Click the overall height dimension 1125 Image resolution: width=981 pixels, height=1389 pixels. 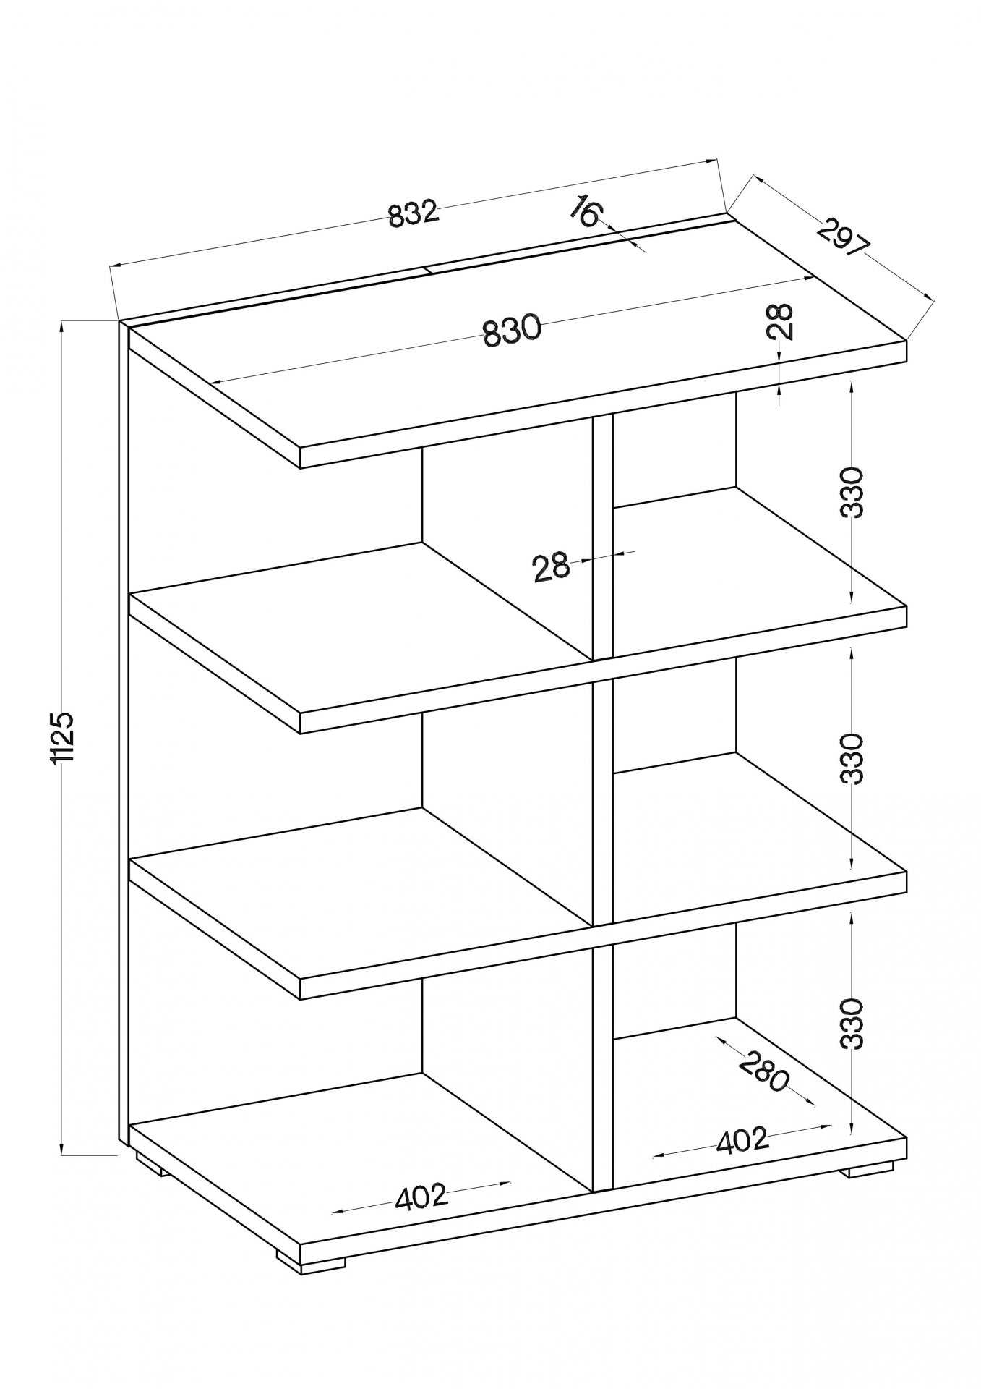tap(65, 737)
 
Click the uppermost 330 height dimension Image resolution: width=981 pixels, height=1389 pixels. tap(854, 492)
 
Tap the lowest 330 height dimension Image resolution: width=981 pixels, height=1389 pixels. tap(854, 1024)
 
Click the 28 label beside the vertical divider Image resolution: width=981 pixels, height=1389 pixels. tap(551, 567)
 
